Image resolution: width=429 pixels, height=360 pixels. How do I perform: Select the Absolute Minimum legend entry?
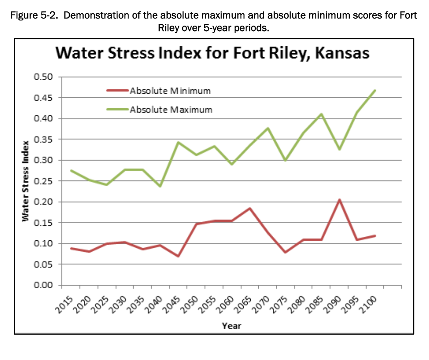pyautogui.click(x=170, y=91)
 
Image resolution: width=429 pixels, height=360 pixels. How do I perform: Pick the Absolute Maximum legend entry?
pyautogui.click(x=171, y=109)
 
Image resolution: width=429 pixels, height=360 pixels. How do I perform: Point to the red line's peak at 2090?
pyautogui.click(x=339, y=200)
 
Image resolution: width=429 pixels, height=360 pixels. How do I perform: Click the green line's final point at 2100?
pyautogui.click(x=375, y=90)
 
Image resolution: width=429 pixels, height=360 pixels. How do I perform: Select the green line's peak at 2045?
pyautogui.click(x=178, y=142)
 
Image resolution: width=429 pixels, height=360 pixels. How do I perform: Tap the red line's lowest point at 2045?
pyautogui.click(x=178, y=256)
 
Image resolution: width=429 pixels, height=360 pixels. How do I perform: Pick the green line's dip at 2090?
pyautogui.click(x=339, y=149)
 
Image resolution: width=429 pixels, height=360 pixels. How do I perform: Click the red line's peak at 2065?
pyautogui.click(x=250, y=208)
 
